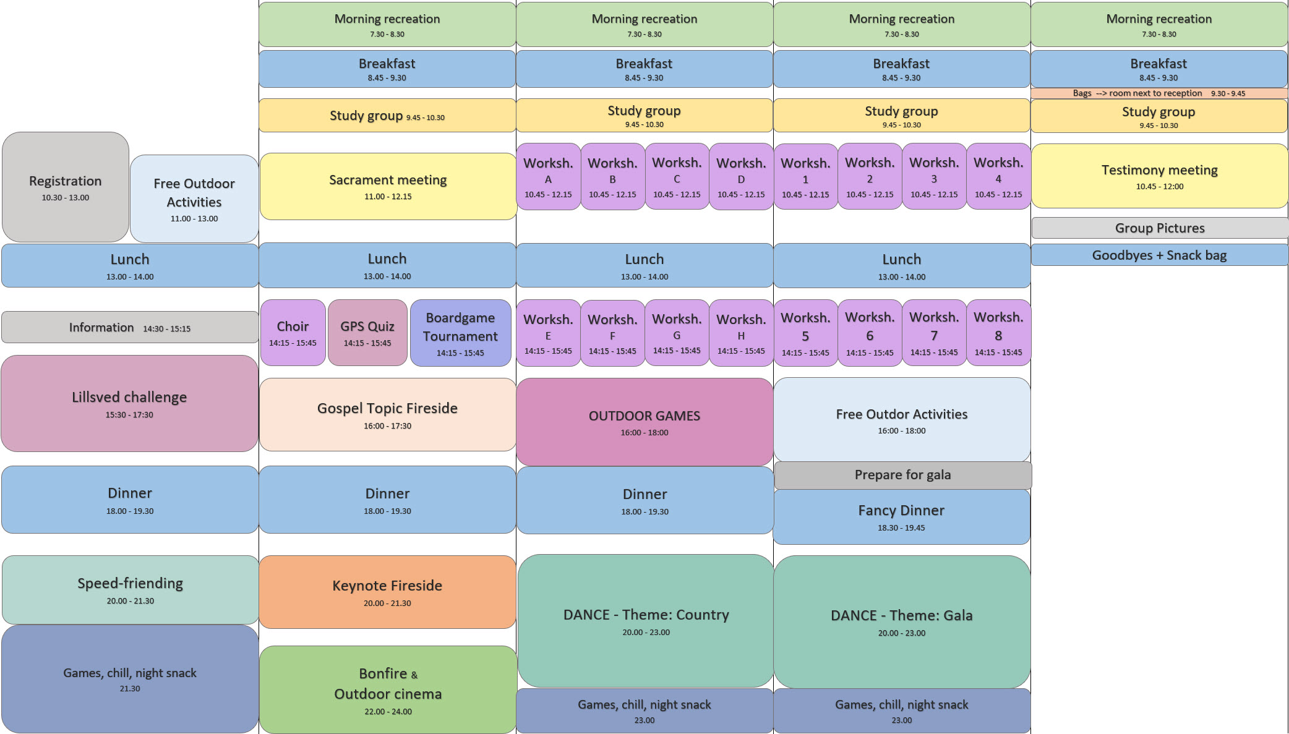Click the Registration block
[66, 187]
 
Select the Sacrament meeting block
[388, 186]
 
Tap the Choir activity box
[293, 333]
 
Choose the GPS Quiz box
[367, 333]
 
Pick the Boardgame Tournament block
[460, 333]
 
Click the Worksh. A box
[548, 177]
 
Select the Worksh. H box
[741, 333]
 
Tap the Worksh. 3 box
[934, 177]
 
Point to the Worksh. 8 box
[998, 333]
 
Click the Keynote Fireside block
[387, 592]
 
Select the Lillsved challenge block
[129, 403]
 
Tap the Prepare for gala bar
[902, 475]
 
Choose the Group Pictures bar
[1160, 228]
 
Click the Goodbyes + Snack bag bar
[1159, 255]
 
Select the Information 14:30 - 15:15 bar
[130, 328]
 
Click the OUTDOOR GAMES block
[644, 422]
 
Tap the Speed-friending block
[130, 590]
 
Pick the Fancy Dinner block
[901, 517]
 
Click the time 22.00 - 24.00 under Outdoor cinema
[388, 712]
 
